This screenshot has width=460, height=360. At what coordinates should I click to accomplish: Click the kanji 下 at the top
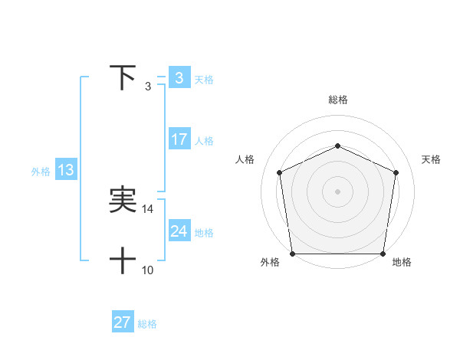pos(123,77)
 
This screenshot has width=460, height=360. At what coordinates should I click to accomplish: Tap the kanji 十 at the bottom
pos(123,261)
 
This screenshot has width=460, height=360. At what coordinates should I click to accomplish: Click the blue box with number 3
pos(179,78)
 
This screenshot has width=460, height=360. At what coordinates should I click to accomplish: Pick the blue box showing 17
pos(179,139)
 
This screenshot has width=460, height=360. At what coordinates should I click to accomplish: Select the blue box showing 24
pos(179,231)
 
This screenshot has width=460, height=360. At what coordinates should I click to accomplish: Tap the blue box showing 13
pos(66,170)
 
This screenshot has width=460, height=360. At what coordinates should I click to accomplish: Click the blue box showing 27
pos(122,322)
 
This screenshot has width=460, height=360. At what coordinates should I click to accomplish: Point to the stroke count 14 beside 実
pos(148,208)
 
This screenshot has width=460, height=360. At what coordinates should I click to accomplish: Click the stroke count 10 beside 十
pos(148,270)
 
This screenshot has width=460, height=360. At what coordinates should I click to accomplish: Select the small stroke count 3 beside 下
pos(148,86)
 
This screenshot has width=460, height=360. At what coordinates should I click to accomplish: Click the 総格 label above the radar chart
pos(337,100)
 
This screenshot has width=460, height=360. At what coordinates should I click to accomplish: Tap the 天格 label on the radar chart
pos(432,159)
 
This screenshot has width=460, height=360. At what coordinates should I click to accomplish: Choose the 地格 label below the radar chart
pos(402,263)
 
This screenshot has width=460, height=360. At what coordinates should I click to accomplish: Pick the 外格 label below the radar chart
pos(270,263)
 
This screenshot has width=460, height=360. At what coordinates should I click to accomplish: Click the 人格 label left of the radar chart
pos(245,159)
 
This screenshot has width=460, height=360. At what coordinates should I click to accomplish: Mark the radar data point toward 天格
pos(396,172)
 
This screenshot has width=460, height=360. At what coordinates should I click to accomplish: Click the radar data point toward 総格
pos(337,146)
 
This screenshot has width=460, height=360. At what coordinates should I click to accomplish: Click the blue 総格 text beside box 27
pos(147,324)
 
